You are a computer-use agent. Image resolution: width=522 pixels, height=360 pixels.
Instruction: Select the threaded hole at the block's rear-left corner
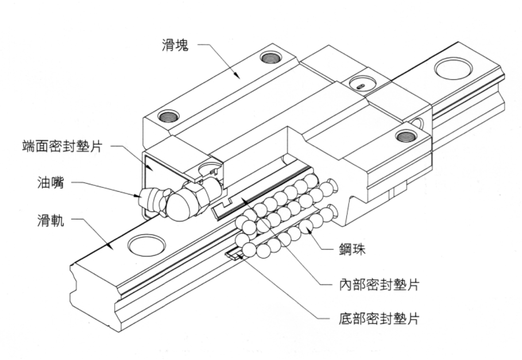tap(271, 57)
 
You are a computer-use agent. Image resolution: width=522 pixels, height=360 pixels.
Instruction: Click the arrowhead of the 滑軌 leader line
tap(111, 248)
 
